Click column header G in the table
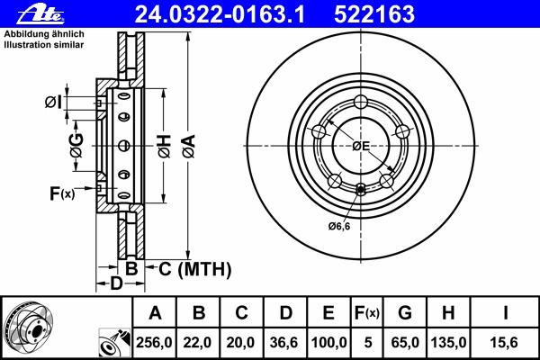point(405,313)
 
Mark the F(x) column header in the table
point(367,313)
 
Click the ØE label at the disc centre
point(361,146)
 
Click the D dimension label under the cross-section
point(116,285)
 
